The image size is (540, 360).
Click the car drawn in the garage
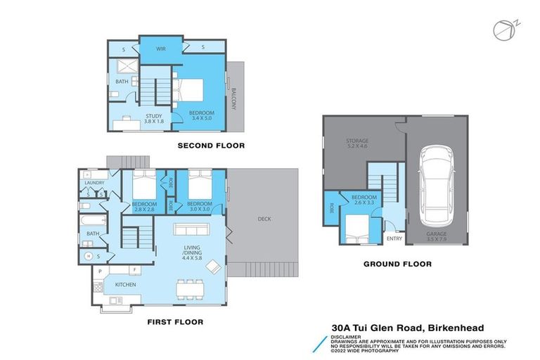pos(436,182)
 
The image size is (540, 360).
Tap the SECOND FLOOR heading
pos(211,146)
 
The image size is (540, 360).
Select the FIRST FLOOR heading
pos(175,322)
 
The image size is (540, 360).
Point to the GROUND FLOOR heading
pos(397,264)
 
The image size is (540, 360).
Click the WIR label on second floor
pos(160,49)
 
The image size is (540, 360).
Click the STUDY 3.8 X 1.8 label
pos(153,118)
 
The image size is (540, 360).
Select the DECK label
pos(264,219)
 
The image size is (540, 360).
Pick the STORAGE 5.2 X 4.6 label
pos(356,144)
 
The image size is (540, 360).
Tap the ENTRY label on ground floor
pos(394,238)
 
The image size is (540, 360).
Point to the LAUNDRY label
pos(95,183)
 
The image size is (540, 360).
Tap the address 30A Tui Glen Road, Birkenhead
pos(408,327)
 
